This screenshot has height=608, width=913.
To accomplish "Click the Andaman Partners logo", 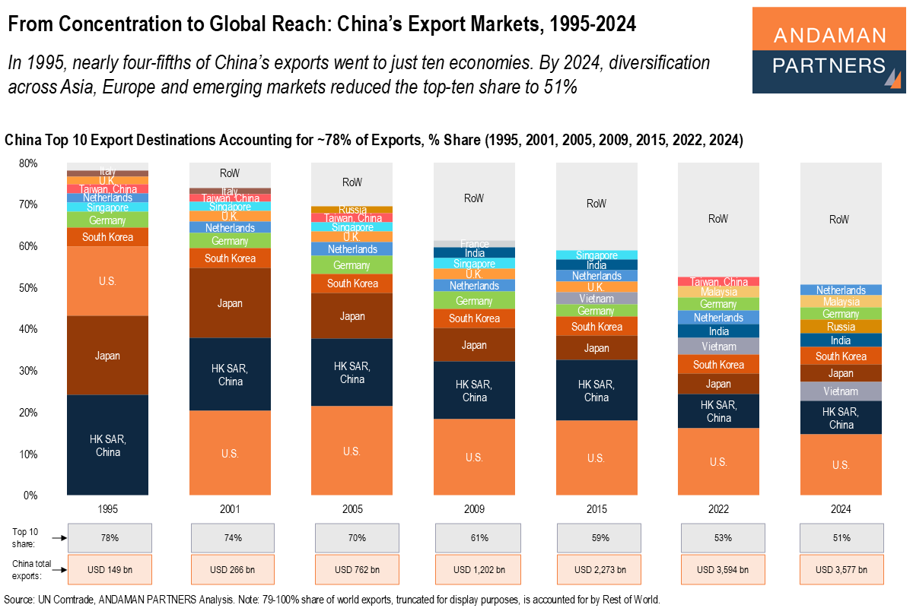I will point(829,50).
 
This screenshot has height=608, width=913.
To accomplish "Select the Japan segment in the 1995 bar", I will point(107,355).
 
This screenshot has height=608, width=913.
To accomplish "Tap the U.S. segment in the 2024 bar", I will point(840,464).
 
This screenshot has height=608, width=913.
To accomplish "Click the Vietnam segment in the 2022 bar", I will point(718,347).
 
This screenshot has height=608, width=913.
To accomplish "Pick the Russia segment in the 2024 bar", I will point(840,327).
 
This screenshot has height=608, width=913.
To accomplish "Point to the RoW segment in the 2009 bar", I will point(474,198).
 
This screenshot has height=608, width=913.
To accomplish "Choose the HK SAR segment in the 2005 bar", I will point(352,372).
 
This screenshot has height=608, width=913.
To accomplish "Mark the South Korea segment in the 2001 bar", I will point(230,258).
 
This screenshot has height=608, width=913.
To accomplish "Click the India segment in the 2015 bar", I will point(596,265).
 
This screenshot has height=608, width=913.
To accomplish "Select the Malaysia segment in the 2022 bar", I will point(718,292).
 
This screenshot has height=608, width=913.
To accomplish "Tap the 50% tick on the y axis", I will point(28,288).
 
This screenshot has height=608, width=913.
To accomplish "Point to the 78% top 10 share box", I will point(110,538).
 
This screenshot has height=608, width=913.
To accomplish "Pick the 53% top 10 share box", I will point(722,538).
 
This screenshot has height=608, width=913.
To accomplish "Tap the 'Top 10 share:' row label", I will point(29,538).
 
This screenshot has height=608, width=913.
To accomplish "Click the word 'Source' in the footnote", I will point(20,599).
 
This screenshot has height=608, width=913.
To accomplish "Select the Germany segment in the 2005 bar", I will point(352,265).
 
